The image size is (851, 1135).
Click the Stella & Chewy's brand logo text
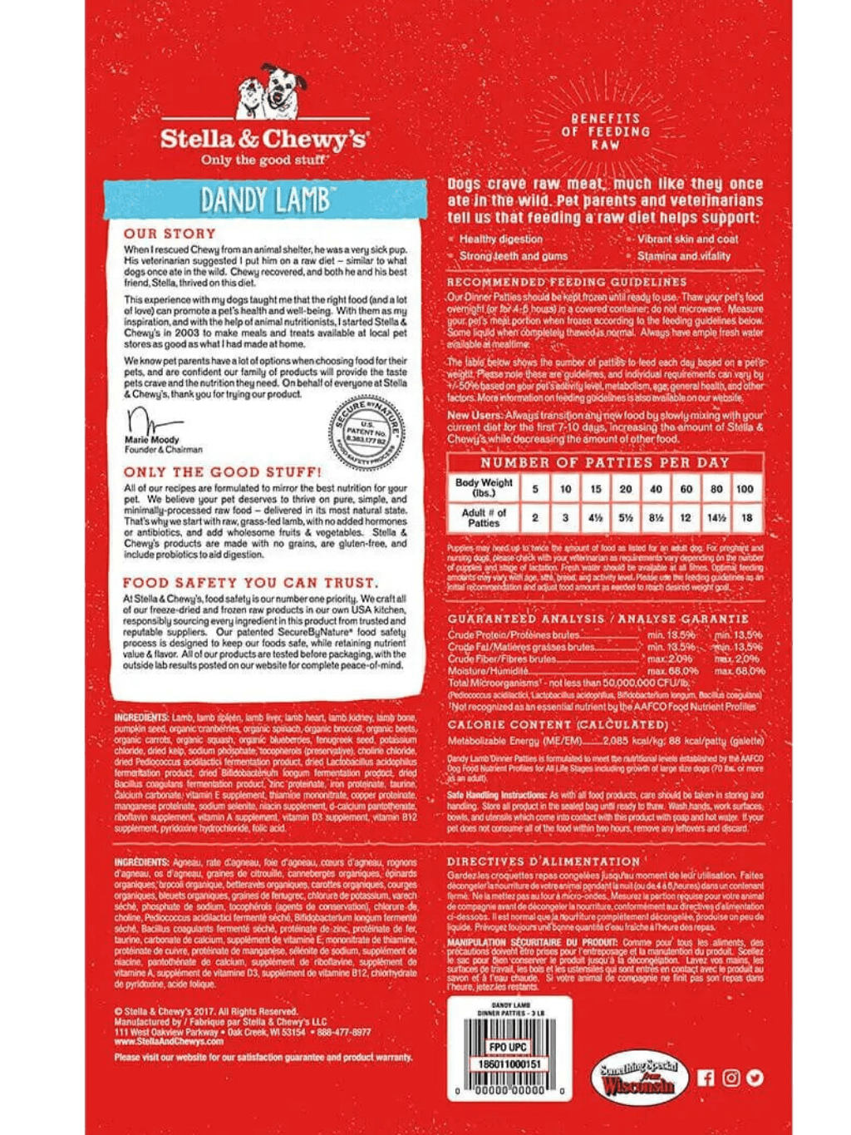[263, 139]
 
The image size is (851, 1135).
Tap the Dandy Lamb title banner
[264, 200]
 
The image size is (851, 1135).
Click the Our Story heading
[170, 234]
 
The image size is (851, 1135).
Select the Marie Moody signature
[147, 419]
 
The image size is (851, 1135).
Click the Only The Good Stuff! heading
[222, 471]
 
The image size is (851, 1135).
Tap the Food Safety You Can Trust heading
[250, 583]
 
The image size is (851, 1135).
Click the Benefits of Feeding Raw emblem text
[606, 131]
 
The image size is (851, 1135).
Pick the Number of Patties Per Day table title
[604, 462]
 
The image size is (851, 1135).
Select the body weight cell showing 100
[745, 489]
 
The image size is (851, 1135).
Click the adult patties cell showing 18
[745, 517]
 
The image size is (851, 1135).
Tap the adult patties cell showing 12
[686, 517]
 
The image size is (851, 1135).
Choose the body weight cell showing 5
[535, 489]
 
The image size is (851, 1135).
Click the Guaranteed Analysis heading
[598, 619]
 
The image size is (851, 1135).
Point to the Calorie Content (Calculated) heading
[557, 725]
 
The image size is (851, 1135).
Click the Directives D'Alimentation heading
[544, 861]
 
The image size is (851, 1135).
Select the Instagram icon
[730, 1078]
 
